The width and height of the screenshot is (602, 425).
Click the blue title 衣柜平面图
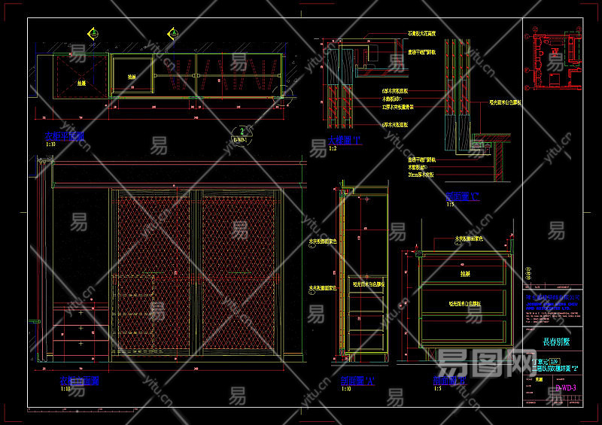coord(65,137)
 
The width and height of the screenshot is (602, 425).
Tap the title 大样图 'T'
coord(345,141)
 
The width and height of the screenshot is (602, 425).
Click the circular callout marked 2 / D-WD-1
coord(239,135)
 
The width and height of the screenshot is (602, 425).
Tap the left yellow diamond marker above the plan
coord(94,33)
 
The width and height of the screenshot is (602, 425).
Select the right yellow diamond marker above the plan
coord(172,33)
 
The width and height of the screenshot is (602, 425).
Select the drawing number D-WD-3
coord(565,388)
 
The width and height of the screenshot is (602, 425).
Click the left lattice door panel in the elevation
coord(156,278)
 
